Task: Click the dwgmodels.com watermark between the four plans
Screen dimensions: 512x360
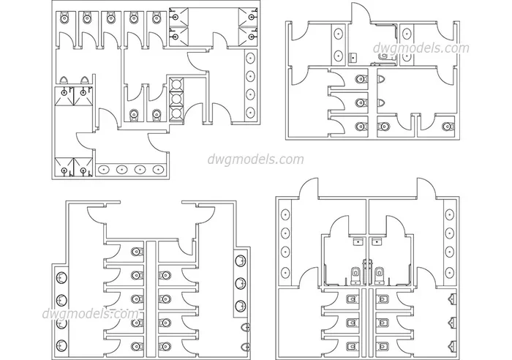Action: tap(256, 160)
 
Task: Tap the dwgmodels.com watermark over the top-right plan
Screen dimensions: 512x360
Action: tap(421, 48)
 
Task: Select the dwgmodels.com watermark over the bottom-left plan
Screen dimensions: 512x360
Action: tap(91, 314)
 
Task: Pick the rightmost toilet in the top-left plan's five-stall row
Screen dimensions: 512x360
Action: tap(155, 18)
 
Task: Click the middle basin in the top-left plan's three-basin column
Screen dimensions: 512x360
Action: tap(176, 99)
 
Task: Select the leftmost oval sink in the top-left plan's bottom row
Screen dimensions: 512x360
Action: tap(104, 170)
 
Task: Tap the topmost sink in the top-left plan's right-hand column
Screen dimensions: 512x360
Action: tap(250, 58)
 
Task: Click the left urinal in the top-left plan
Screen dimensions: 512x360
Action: tap(64, 79)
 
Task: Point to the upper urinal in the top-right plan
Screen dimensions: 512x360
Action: tap(381, 79)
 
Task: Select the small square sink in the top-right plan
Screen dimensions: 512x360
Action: tap(353, 58)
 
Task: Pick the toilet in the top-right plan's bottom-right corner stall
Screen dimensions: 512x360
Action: tap(448, 126)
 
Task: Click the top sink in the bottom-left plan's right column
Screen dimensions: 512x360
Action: tap(241, 261)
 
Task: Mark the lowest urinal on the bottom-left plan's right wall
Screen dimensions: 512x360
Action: tap(246, 347)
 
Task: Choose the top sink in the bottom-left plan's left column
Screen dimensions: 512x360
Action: tap(61, 278)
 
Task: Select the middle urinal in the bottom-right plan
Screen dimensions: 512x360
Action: tap(453, 322)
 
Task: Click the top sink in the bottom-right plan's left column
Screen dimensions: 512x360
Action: tap(285, 214)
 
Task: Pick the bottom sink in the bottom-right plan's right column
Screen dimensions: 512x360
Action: tap(450, 273)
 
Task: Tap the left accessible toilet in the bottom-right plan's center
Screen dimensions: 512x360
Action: tap(355, 275)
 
